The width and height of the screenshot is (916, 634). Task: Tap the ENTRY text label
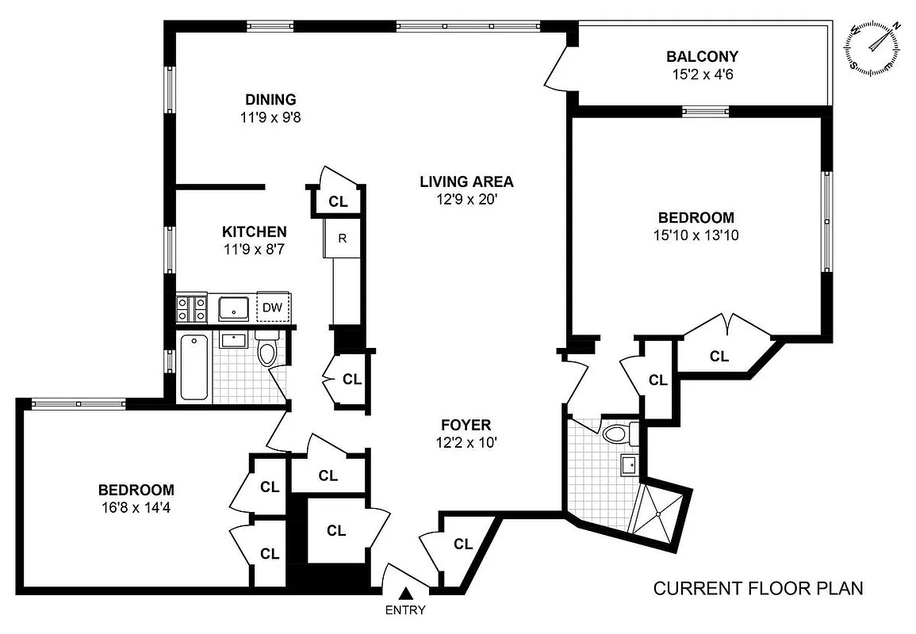coord(405,610)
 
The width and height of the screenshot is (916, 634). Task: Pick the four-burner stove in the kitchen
coord(191,307)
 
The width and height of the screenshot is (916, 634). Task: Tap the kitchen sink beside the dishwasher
coord(233,307)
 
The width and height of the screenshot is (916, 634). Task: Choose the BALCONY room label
coord(702,56)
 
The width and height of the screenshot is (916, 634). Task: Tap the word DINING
coord(270,99)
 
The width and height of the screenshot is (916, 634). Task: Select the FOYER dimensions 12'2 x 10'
coord(466,443)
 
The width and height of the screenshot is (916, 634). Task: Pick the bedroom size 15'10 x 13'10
coord(696,235)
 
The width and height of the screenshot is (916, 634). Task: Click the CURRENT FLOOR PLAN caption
coord(757,589)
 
